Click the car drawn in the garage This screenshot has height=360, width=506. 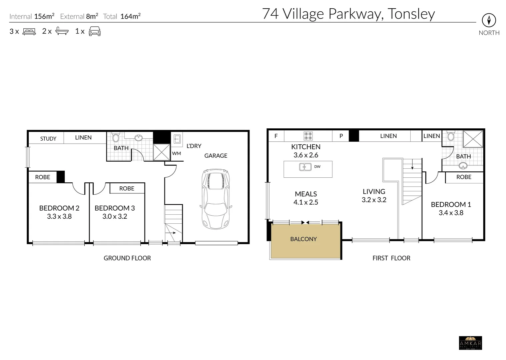tap(216, 199)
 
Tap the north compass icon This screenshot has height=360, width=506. tap(489, 21)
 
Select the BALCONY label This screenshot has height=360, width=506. tap(303, 239)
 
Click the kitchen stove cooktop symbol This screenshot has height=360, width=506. tap(308, 136)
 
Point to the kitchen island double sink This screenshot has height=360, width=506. tap(305, 167)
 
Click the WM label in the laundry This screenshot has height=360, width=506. tap(176, 153)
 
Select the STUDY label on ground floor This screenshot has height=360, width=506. tap(48, 139)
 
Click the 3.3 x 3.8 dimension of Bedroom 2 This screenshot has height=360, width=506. tap(59, 216)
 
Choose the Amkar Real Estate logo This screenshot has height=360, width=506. tap(470, 343)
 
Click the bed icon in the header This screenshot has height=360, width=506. tap(29, 32)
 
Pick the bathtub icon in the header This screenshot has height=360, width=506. tap(62, 31)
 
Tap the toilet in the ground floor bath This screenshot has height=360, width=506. tap(116, 137)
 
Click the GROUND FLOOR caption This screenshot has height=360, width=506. tap(127, 258)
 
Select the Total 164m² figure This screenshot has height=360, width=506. tap(122, 16)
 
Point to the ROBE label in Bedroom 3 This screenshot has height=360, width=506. tap(127, 188)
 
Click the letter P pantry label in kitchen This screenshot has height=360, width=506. tap(341, 136)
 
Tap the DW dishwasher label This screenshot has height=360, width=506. tap(317, 167)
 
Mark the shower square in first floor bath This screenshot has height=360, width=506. tap(473, 139)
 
